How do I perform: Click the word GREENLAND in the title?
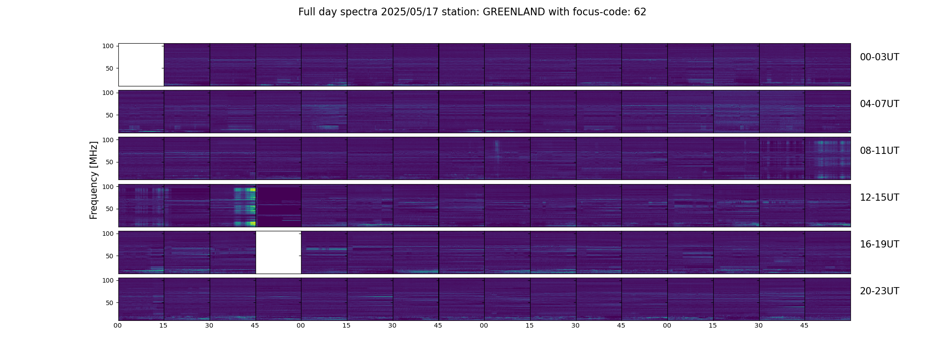pyautogui.click(x=513, y=12)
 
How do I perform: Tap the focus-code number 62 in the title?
pyautogui.click(x=640, y=12)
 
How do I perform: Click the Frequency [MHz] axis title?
pyautogui.click(x=94, y=180)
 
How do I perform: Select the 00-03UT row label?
pyautogui.click(x=879, y=57)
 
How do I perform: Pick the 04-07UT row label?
pyautogui.click(x=879, y=104)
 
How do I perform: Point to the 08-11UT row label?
pyautogui.click(x=879, y=151)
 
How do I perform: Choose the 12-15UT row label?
pyautogui.click(x=879, y=198)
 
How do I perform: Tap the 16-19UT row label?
pyautogui.click(x=879, y=244)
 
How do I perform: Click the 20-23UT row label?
pyautogui.click(x=879, y=291)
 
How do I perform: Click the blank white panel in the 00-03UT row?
pyautogui.click(x=141, y=64)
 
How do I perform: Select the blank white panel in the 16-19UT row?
pyautogui.click(x=278, y=252)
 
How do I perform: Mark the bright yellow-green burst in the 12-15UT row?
pyautogui.click(x=245, y=205)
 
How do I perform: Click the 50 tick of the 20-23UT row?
pyautogui.click(x=109, y=303)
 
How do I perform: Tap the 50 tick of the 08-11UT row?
pyautogui.click(x=109, y=162)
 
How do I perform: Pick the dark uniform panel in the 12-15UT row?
pyautogui.click(x=279, y=205)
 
